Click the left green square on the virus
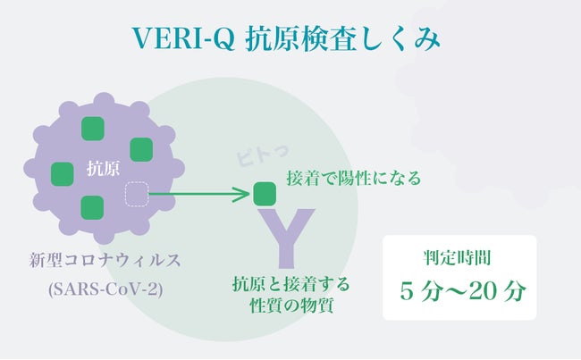(62, 172)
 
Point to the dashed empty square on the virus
(136, 194)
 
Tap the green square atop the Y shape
(265, 193)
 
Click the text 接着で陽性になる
(353, 179)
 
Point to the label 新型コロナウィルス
(105, 261)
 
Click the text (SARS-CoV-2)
(104, 290)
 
